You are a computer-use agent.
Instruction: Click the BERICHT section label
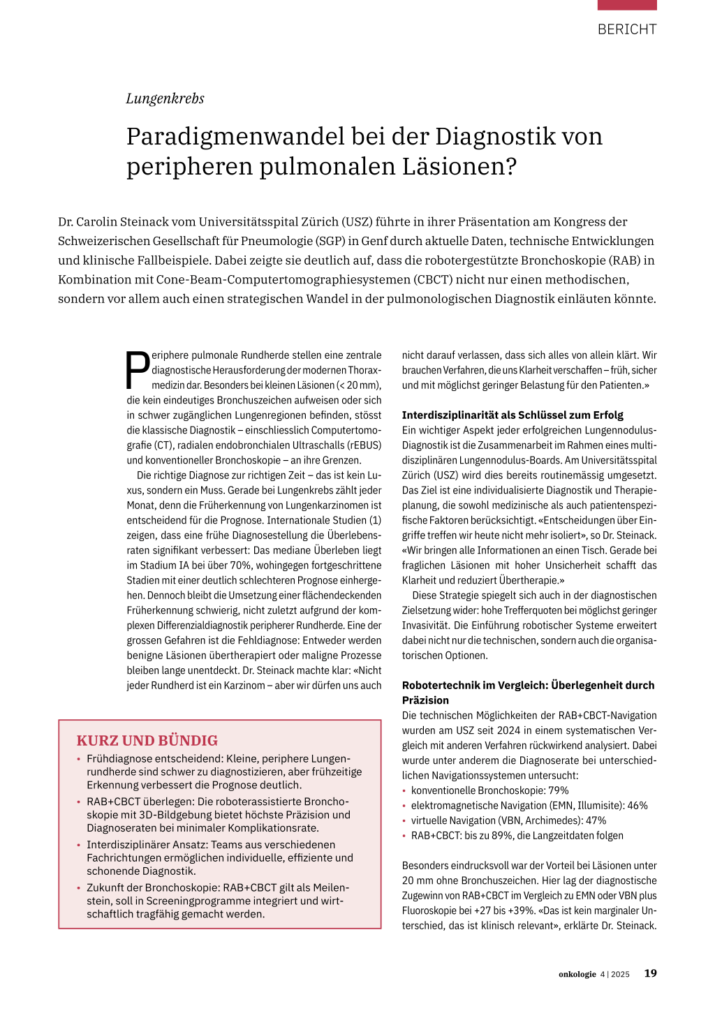[x=627, y=29]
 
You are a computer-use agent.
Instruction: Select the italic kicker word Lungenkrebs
[x=165, y=98]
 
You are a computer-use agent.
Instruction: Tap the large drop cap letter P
[x=138, y=369]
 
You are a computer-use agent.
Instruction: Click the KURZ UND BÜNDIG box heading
[x=147, y=740]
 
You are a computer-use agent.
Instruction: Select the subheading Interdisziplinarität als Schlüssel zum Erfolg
[x=513, y=415]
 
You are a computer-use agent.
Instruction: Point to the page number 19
[x=650, y=973]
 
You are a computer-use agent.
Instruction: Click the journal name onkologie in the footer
[x=577, y=974]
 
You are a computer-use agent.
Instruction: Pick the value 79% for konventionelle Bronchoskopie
[x=559, y=790]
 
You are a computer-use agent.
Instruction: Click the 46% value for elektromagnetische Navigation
[x=637, y=806]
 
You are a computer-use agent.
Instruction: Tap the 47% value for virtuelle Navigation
[x=596, y=820]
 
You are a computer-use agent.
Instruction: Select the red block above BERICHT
[x=627, y=5]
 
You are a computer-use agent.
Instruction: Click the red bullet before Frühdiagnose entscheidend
[x=79, y=759]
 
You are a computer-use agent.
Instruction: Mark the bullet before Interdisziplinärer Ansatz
[x=79, y=846]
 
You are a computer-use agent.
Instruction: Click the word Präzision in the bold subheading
[x=425, y=700]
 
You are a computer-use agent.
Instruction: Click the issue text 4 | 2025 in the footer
[x=614, y=974]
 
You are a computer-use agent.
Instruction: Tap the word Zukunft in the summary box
[x=106, y=887]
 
